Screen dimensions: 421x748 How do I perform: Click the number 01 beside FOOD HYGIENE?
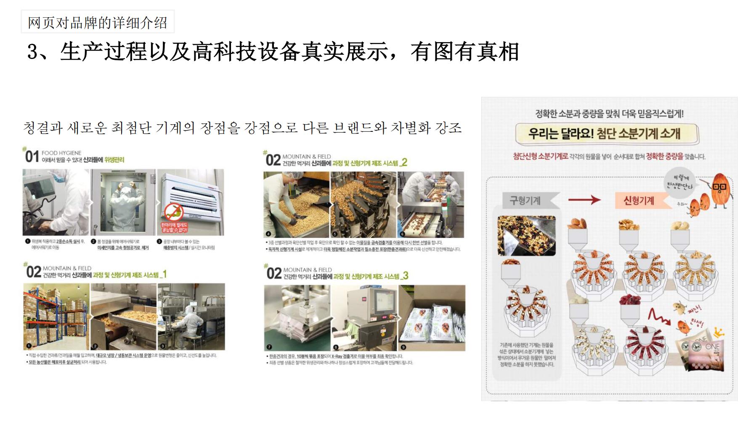[32, 157]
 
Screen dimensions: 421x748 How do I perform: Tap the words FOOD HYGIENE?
[61, 153]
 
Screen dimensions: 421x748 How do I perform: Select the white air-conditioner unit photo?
[191, 202]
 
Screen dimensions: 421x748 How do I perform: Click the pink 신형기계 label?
[639, 200]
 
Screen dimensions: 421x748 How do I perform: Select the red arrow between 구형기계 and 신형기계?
[584, 200]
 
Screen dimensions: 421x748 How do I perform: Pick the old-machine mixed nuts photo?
[527, 236]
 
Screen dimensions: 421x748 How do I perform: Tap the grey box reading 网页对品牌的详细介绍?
[98, 22]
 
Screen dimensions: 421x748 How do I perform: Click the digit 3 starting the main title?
[33, 52]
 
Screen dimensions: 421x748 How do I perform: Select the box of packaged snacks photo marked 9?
[432, 318]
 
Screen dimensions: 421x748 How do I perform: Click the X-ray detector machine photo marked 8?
[364, 318]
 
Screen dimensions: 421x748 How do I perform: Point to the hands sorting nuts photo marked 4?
[296, 204]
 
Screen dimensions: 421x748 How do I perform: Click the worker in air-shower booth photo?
[123, 202]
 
